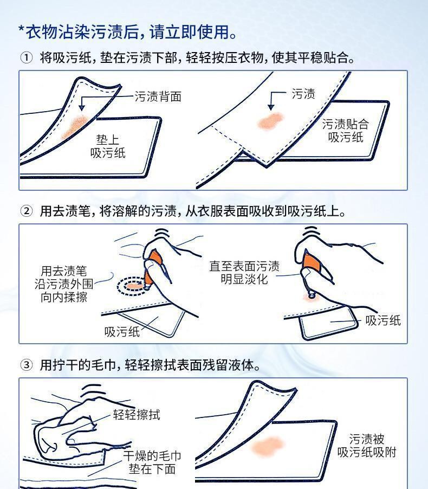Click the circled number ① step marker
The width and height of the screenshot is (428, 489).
click(x=26, y=57)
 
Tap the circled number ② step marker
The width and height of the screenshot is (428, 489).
click(x=26, y=211)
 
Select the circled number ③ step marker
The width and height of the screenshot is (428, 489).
click(x=26, y=364)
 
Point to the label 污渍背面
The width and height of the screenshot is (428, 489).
click(x=158, y=96)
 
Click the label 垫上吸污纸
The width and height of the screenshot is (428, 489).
click(x=108, y=146)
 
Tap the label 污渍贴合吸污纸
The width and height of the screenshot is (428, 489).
click(x=346, y=131)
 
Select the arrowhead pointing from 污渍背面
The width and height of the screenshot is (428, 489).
click(x=82, y=108)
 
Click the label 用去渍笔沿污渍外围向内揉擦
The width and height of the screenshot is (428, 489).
click(x=64, y=284)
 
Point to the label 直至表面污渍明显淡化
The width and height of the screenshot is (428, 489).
click(x=244, y=273)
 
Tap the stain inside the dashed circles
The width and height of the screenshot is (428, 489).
click(x=134, y=286)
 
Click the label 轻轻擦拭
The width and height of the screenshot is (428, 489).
click(x=137, y=415)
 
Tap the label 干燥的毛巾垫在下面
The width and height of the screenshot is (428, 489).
click(x=152, y=462)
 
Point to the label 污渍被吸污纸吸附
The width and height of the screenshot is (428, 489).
click(x=367, y=446)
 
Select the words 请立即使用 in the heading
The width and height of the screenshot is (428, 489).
click(x=189, y=32)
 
